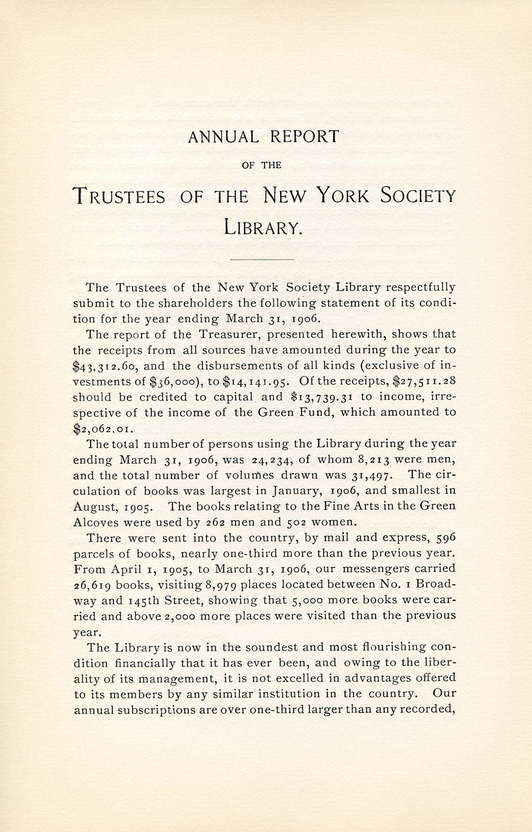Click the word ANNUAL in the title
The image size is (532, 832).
223,137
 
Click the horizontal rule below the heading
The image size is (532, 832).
262,259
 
